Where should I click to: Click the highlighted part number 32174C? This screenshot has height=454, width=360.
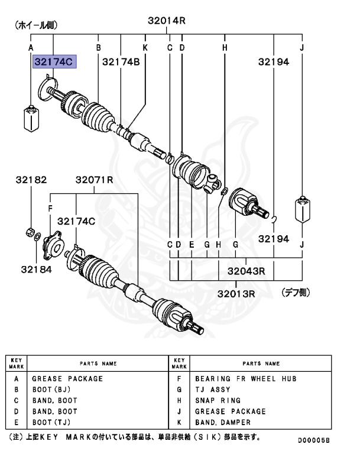click(56, 61)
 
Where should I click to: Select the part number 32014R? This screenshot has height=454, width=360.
click(167, 21)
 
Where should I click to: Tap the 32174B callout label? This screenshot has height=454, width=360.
click(121, 61)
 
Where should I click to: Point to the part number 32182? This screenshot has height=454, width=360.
click(31, 180)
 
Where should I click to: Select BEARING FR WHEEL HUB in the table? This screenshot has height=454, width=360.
click(245, 378)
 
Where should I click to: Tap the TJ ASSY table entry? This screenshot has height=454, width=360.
click(213, 390)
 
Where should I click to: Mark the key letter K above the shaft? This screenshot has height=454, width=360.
click(144, 47)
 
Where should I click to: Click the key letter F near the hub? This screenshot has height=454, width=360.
click(50, 207)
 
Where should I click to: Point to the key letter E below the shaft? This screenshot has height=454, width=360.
click(192, 244)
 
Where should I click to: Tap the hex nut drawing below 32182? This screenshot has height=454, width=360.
click(30, 231)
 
